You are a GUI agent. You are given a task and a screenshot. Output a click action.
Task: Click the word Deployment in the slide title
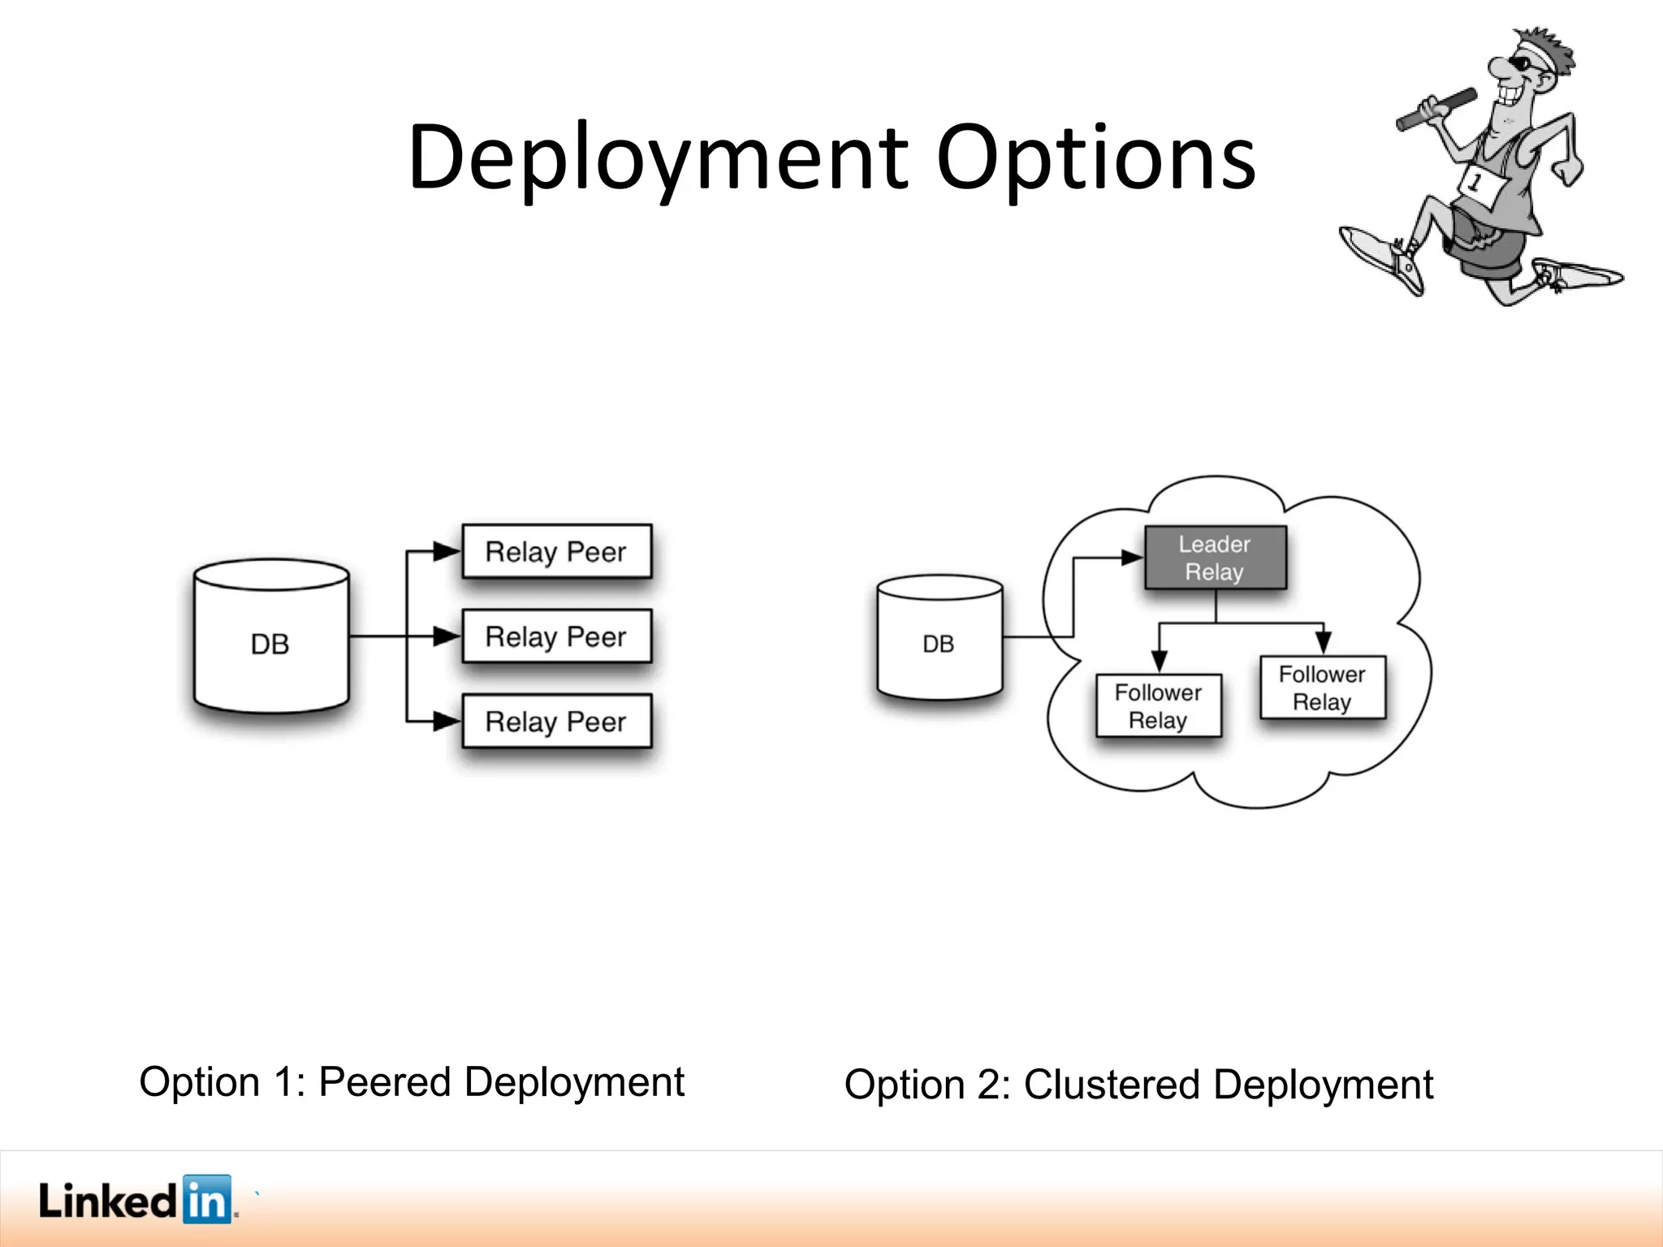pos(658,158)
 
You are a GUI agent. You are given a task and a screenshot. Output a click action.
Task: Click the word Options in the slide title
pos(1095,158)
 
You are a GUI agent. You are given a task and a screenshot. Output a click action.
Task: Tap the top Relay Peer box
pos(556,552)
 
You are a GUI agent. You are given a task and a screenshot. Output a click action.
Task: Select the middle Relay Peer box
pos(556,636)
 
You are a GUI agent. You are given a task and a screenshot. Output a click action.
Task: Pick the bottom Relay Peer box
pos(556,721)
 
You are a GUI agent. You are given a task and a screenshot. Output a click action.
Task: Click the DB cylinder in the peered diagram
pos(270,637)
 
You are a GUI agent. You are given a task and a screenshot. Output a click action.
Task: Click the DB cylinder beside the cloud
pos(939,639)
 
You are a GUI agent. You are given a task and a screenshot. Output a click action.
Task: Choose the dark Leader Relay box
pos(1215,558)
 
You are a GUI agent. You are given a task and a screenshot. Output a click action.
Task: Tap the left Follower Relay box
pos(1158,706)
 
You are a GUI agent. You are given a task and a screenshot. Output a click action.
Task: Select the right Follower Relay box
pos(1322,688)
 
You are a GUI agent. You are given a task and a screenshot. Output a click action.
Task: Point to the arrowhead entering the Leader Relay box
pos(1132,558)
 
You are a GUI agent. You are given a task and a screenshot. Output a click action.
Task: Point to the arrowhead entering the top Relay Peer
pos(447,552)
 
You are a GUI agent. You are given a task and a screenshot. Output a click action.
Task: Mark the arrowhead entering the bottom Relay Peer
pos(447,721)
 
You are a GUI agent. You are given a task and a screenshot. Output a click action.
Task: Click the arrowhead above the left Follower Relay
pos(1160,661)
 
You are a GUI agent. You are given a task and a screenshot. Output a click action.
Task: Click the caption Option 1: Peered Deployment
pos(412,1082)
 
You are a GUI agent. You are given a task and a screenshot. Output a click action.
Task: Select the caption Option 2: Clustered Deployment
pos(1138,1085)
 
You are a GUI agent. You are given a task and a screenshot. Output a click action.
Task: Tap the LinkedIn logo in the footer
pos(136,1200)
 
